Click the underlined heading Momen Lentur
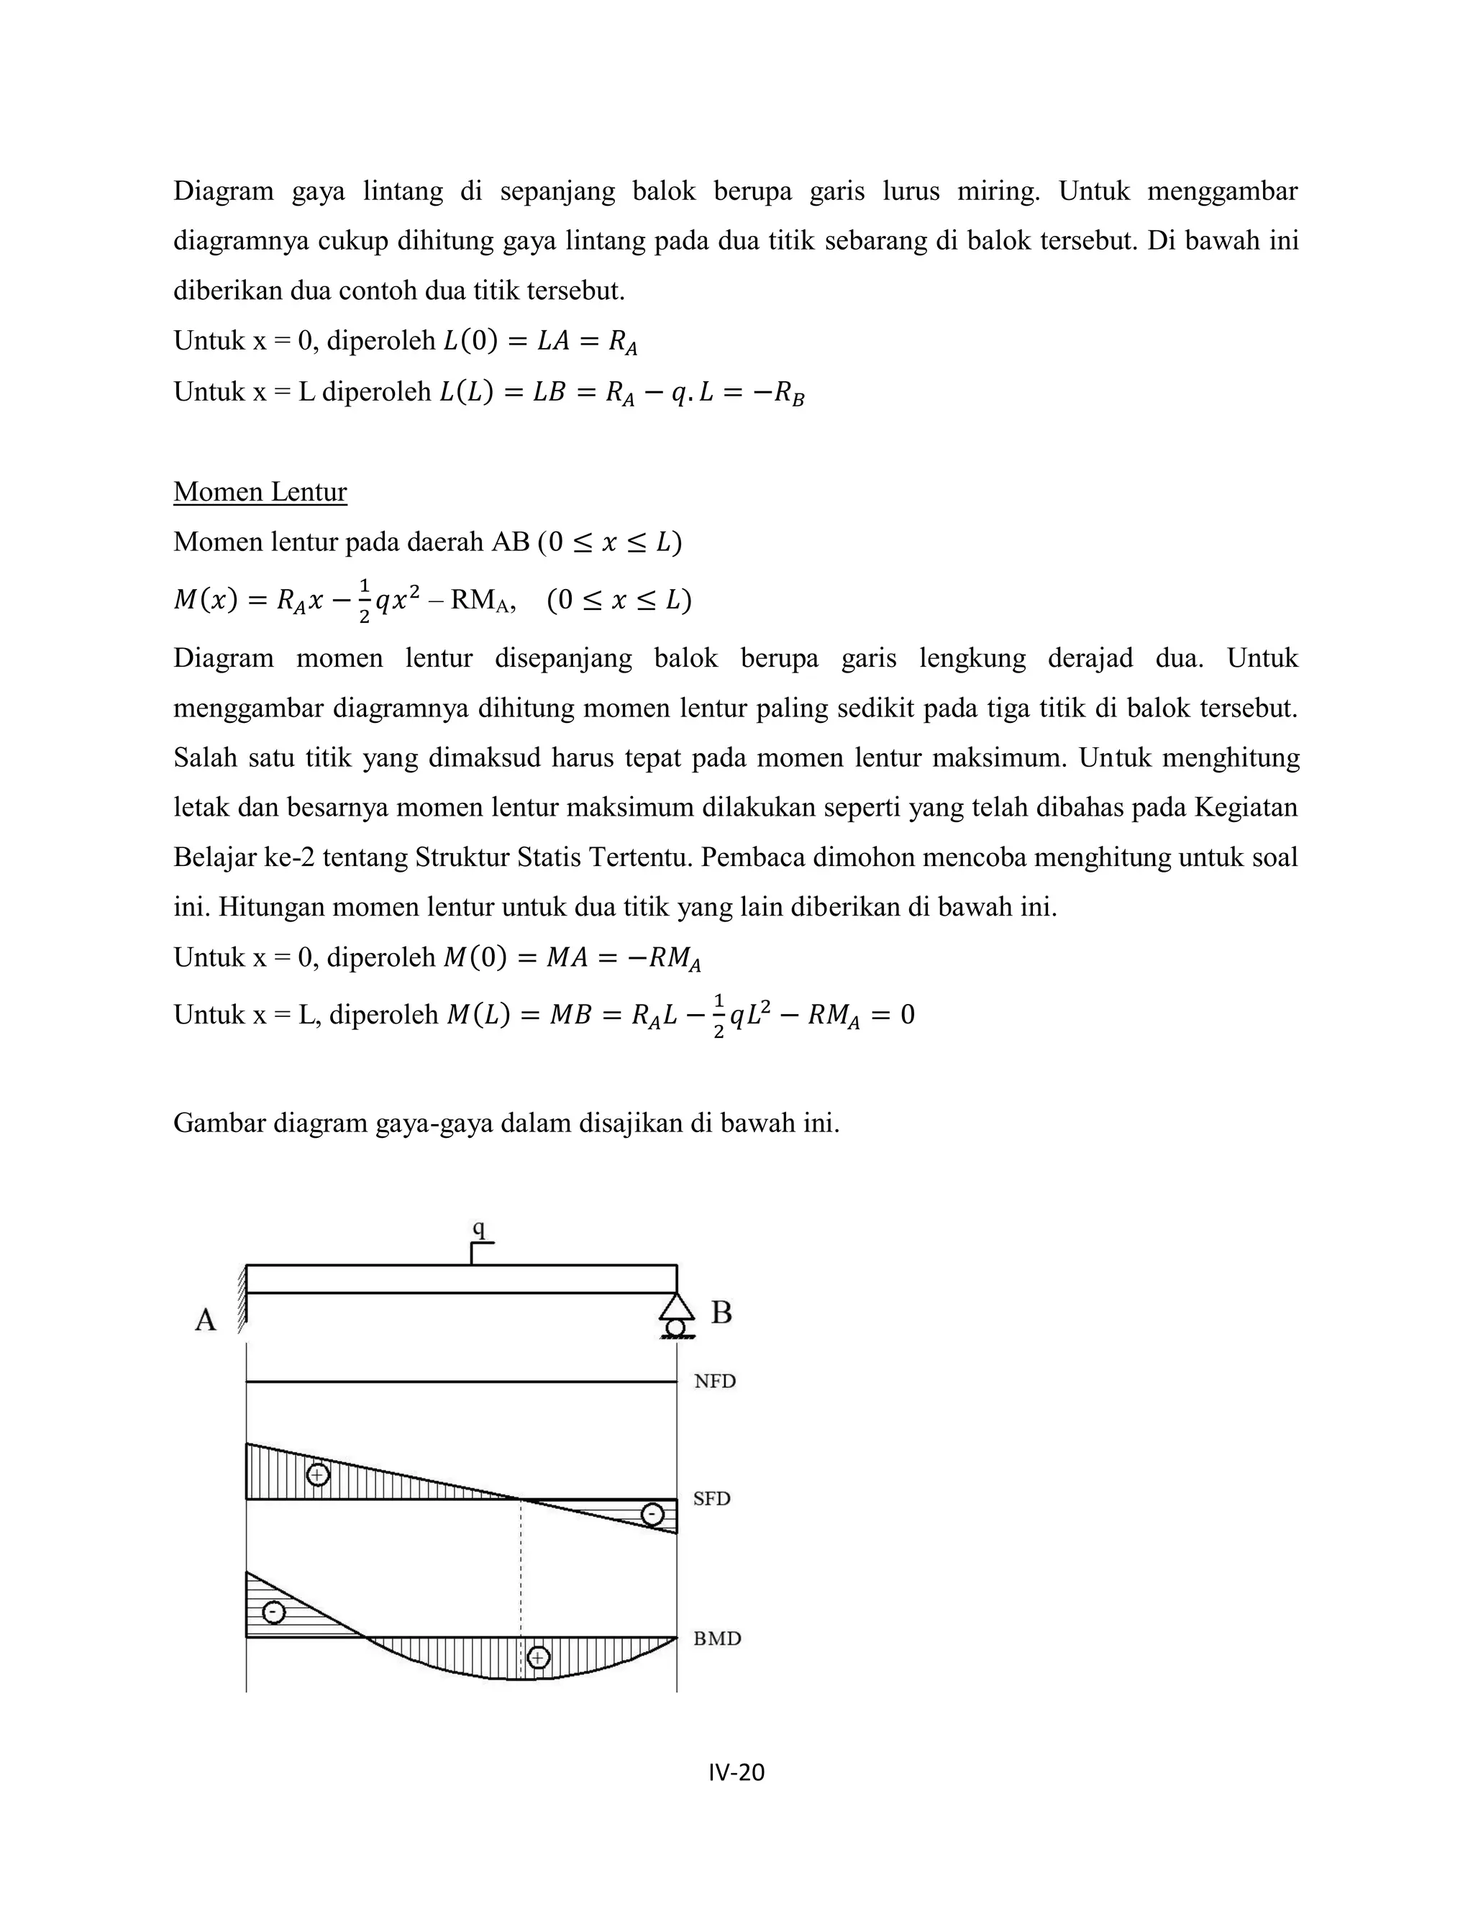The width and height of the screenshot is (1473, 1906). pos(260,492)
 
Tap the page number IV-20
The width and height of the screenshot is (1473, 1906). pos(736,1772)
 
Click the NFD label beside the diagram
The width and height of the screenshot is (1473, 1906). pos(715,1382)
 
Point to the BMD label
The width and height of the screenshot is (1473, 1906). pos(716,1638)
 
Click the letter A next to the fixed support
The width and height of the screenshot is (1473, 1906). pos(205,1320)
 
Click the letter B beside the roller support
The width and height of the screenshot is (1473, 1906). pos(721,1313)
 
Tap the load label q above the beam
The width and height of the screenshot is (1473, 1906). pos(478,1228)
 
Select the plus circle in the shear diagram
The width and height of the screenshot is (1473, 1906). pos(318,1475)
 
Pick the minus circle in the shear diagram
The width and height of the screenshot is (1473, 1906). pos(652,1514)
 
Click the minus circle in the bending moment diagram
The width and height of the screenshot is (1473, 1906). pos(273,1612)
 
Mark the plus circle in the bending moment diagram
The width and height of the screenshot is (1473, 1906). pos(539,1656)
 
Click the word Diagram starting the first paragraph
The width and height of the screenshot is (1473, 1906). pos(224,191)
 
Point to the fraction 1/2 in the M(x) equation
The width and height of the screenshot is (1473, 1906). pos(364,601)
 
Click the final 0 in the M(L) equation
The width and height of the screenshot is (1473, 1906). pos(907,1015)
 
